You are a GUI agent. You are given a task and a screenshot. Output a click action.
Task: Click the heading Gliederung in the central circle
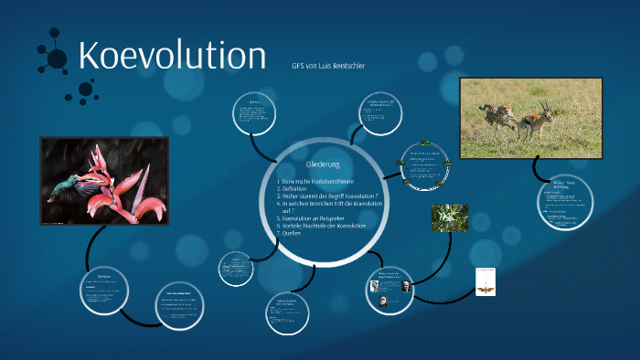[x=324, y=164]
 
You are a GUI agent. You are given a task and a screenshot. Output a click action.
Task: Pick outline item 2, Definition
[x=295, y=191]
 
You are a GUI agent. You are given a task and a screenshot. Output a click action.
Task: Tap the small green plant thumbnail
[x=449, y=217]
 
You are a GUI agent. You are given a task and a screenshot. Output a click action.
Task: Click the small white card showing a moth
[x=485, y=282]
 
